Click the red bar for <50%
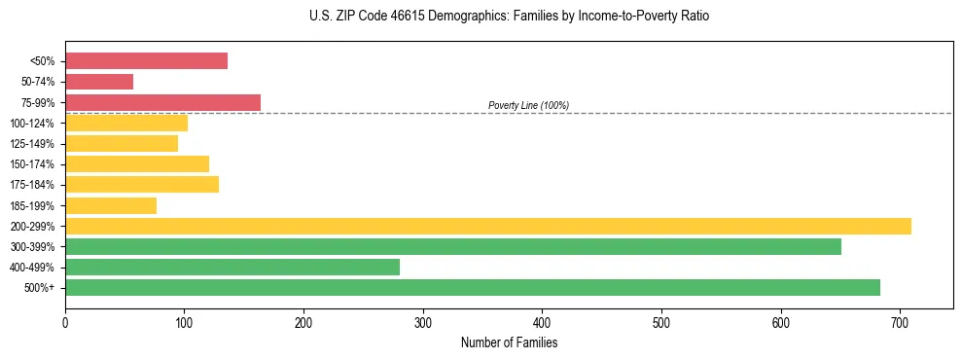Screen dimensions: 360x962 [x=146, y=60]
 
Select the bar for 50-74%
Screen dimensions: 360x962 [x=99, y=82]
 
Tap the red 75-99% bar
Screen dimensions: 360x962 [x=162, y=102]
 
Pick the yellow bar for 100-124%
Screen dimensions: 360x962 [x=126, y=123]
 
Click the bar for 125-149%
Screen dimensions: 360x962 [x=122, y=143]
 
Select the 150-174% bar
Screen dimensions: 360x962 [x=137, y=163]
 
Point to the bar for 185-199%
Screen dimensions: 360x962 [x=111, y=205]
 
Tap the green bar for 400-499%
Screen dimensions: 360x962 [x=232, y=267]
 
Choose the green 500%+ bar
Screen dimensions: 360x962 [x=473, y=287]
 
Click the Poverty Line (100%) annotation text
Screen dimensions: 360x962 [x=528, y=105]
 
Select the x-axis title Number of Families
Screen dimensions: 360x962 [x=509, y=342]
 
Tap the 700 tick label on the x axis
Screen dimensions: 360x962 [x=900, y=322]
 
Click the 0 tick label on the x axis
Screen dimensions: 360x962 [x=65, y=322]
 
